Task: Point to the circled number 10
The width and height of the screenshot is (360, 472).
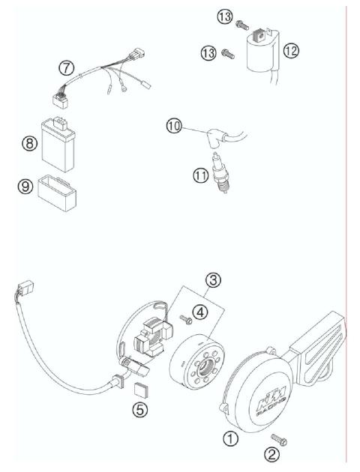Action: (174, 127)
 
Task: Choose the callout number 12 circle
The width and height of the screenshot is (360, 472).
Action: (291, 51)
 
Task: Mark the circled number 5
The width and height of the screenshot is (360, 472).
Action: (139, 410)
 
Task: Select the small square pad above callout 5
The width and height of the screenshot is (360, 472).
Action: (139, 387)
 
